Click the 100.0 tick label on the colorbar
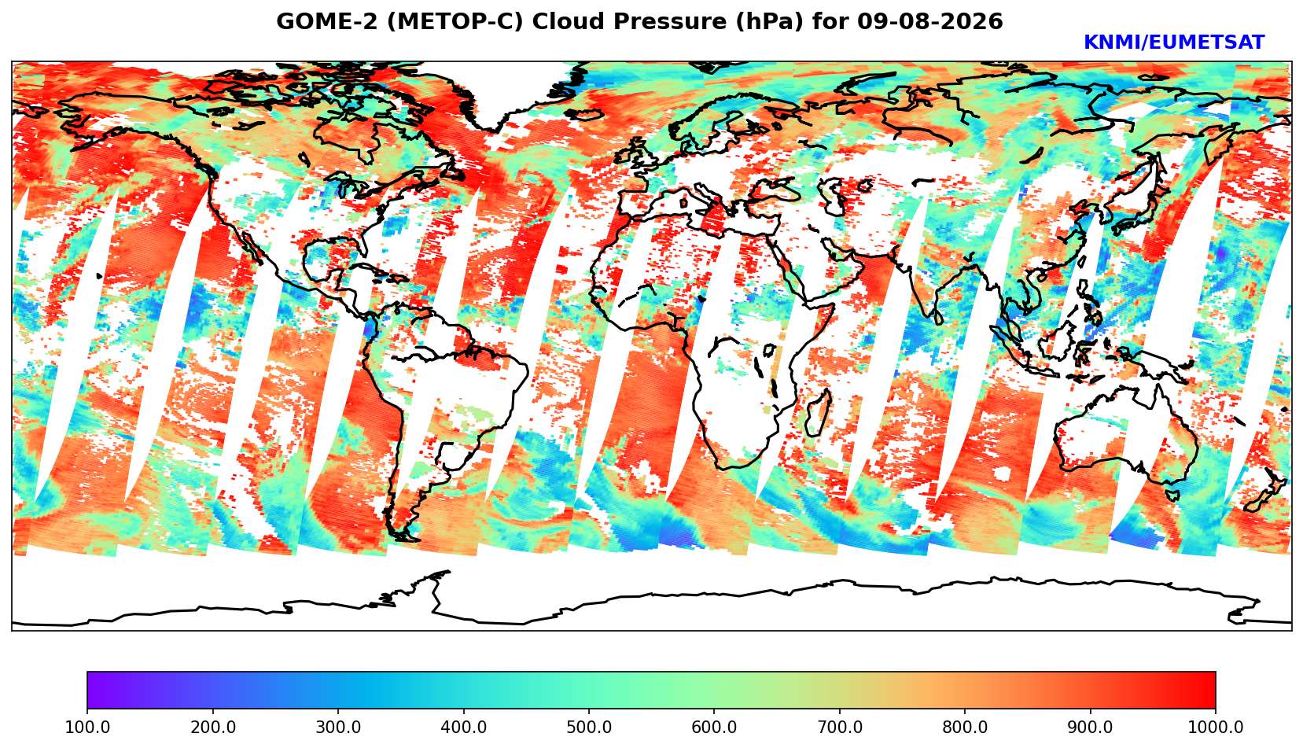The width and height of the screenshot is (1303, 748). [87, 727]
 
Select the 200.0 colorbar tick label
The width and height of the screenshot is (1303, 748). [213, 727]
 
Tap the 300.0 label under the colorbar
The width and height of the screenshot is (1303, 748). [338, 727]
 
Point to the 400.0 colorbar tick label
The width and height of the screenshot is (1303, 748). [464, 727]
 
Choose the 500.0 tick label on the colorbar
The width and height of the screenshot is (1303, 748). [589, 727]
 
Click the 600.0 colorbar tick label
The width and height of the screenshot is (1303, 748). [714, 727]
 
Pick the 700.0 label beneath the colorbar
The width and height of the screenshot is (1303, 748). [839, 727]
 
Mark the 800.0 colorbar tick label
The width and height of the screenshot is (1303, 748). [965, 727]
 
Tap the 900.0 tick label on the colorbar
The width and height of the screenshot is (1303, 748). [1090, 727]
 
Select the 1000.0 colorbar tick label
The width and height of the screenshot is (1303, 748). [1216, 727]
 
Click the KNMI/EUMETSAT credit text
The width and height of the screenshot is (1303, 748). [1174, 42]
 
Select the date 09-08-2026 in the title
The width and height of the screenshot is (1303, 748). [930, 21]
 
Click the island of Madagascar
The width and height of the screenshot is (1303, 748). [817, 412]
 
